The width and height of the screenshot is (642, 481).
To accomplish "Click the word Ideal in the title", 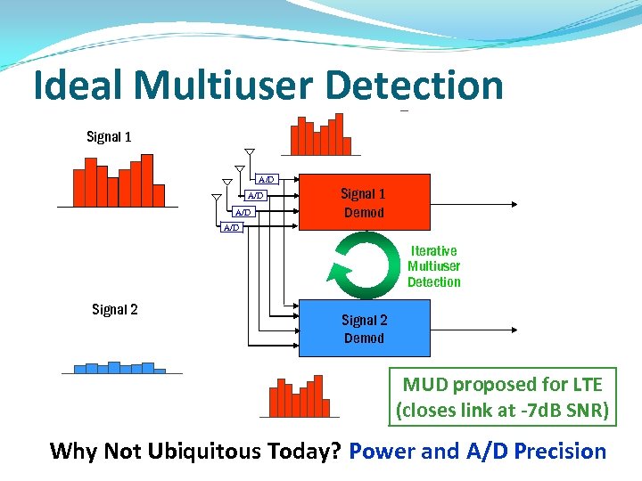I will (x=79, y=86).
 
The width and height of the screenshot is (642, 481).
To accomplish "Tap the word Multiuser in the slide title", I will (x=226, y=86).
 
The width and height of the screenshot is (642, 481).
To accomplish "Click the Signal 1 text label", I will (x=109, y=136).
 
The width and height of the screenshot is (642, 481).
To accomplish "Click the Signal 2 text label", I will (x=115, y=309).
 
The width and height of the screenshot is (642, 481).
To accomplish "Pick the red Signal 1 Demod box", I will (x=364, y=203).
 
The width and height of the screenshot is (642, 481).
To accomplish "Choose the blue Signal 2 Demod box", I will (x=364, y=329).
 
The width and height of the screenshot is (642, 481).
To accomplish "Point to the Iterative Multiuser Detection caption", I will (x=434, y=266).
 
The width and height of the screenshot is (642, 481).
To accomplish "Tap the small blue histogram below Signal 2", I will (x=114, y=367).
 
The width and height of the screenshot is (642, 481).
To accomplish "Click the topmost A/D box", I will (x=266, y=180).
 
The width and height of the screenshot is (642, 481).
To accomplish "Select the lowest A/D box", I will (x=231, y=227).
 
